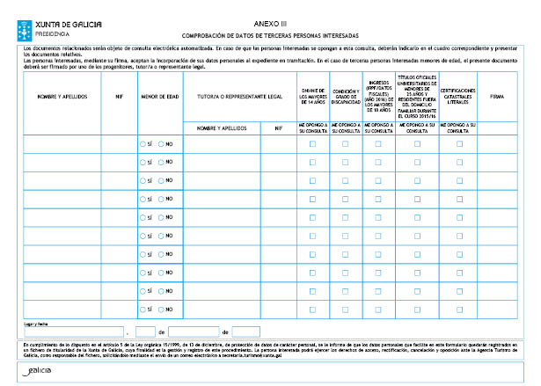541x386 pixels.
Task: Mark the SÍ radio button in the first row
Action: (x=143, y=142)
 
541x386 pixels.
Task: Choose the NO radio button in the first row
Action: (x=161, y=142)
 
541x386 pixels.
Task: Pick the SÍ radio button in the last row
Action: (x=143, y=309)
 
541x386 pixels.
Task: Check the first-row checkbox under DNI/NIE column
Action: (x=312, y=142)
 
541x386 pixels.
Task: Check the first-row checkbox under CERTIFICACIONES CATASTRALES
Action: (x=458, y=142)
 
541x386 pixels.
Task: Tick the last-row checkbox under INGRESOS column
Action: (x=378, y=309)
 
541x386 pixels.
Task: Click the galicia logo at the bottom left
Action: (x=38, y=373)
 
